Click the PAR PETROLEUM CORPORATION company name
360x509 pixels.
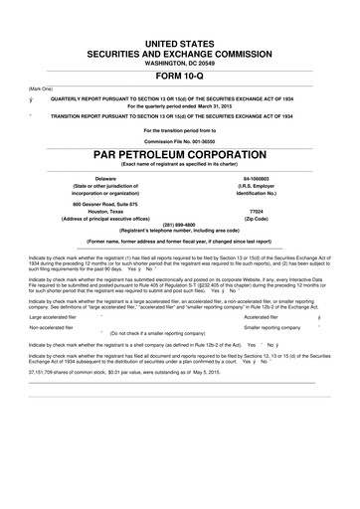point(180,156)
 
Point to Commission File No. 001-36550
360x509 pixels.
point(180,141)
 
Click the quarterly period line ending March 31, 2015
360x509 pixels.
point(180,105)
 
